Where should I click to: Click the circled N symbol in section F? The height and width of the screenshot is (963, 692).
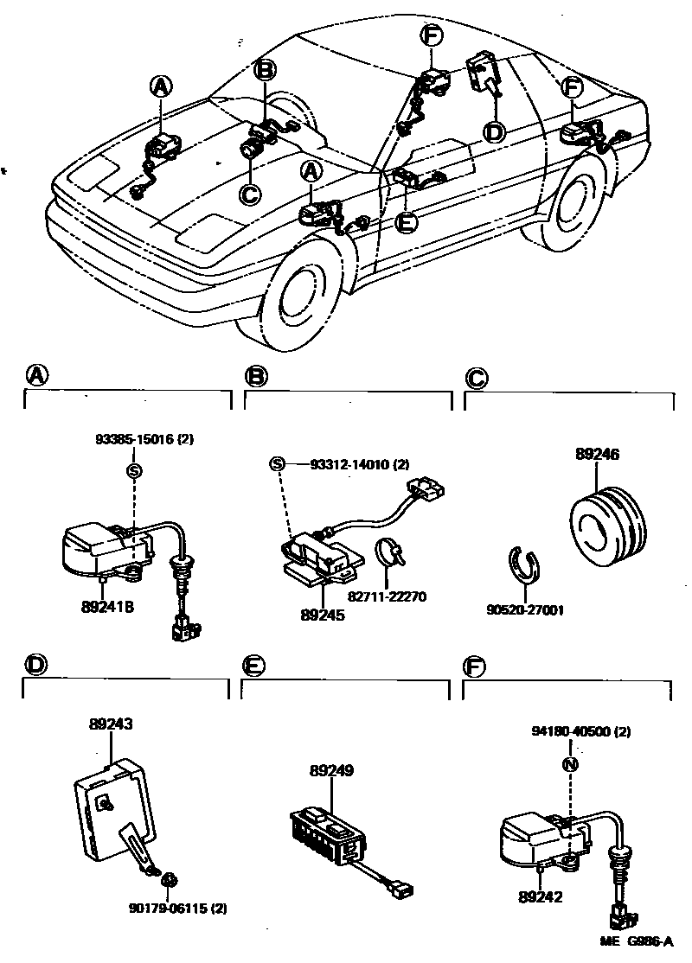pyautogui.click(x=570, y=763)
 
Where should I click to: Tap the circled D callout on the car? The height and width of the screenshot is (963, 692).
pyautogui.click(x=493, y=132)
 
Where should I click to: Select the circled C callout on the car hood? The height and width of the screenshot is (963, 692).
pyautogui.click(x=250, y=194)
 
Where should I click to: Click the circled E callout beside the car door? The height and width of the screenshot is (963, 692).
pyautogui.click(x=404, y=222)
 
